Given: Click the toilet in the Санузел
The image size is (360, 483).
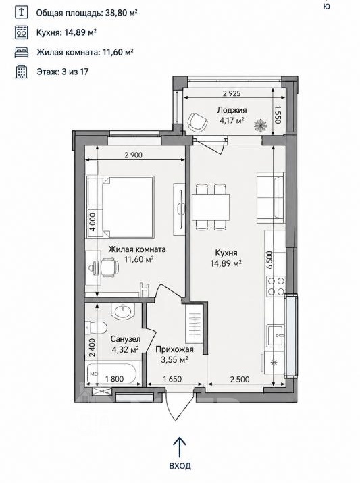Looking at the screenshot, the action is (x=96, y=327).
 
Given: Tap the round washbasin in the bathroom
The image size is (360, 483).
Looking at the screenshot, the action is (x=123, y=311).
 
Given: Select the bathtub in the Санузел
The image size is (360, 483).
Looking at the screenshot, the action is (x=111, y=374).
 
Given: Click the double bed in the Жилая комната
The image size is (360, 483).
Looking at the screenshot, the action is (x=120, y=207).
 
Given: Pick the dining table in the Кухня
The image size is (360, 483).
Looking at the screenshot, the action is (x=211, y=207).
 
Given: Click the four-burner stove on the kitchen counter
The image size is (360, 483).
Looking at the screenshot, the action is (x=276, y=286).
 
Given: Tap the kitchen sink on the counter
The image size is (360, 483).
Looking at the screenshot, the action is (x=276, y=335).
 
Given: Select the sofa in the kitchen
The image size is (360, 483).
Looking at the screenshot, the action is (x=270, y=197).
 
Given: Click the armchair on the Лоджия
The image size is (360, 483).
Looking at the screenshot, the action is (x=197, y=122).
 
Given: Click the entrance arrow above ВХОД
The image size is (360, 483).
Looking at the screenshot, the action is (x=180, y=448).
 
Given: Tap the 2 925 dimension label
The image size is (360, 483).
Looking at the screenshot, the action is (x=232, y=93).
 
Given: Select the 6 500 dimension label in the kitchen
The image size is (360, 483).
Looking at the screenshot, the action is (x=269, y=260).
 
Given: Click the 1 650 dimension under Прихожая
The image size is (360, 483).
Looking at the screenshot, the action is (x=172, y=379).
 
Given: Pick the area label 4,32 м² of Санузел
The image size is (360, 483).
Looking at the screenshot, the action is (x=125, y=350).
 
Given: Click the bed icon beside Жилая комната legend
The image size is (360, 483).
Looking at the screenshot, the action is (x=22, y=53).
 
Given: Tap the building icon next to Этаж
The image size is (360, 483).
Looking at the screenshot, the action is (x=21, y=72).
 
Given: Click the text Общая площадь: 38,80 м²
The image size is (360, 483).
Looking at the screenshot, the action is (x=86, y=13).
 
